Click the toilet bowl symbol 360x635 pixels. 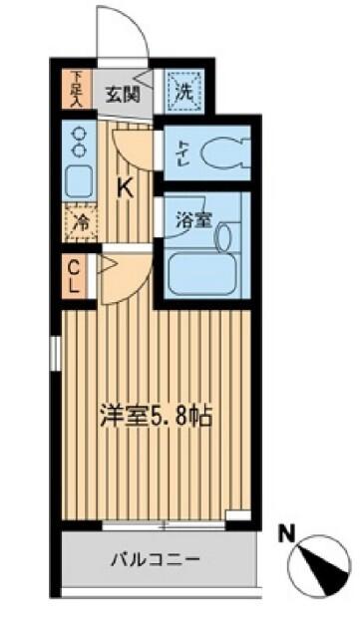(221, 154)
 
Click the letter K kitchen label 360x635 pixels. (127, 186)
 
